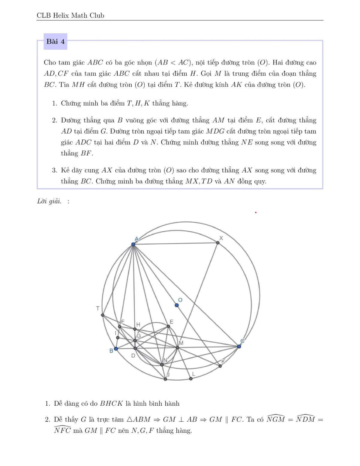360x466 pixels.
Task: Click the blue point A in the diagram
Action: (133, 245)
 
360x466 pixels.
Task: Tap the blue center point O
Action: (177, 305)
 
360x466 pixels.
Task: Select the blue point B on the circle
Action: (116, 349)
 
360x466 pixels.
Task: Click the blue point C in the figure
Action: (239, 346)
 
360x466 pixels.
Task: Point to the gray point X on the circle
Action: (218, 242)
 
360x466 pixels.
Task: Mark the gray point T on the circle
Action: (103, 315)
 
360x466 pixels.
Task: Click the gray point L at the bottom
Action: (191, 378)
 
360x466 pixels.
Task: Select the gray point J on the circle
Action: (165, 379)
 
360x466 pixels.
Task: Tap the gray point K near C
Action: (220, 366)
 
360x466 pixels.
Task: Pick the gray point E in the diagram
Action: (168, 327)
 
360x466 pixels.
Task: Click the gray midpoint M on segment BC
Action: (177, 347)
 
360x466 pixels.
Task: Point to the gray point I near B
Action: (118, 338)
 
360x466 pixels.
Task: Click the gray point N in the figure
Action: (162, 365)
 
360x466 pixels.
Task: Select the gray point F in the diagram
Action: (119, 326)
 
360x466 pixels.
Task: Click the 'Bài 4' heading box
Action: (55, 41)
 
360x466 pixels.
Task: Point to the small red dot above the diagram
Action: (256, 212)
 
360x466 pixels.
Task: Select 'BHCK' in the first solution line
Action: (111, 404)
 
